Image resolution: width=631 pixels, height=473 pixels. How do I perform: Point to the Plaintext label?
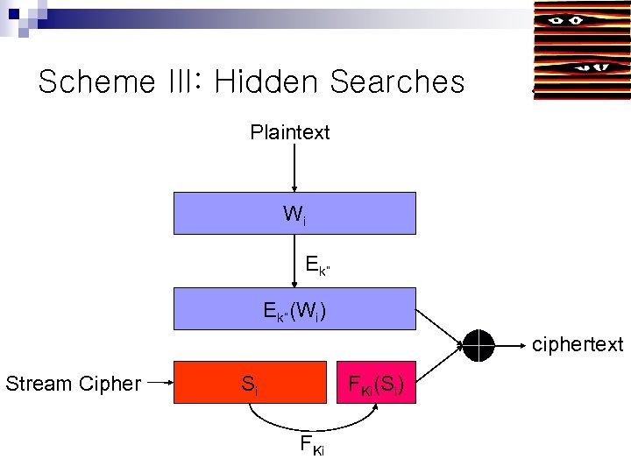(290, 133)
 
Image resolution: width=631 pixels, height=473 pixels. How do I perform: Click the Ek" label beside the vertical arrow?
(318, 264)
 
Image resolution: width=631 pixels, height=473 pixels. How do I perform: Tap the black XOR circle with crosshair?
(479, 345)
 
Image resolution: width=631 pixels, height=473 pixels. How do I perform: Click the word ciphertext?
(578, 345)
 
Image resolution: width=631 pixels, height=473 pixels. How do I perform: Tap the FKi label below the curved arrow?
(312, 446)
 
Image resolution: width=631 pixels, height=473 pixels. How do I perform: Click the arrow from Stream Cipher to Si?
(160, 383)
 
